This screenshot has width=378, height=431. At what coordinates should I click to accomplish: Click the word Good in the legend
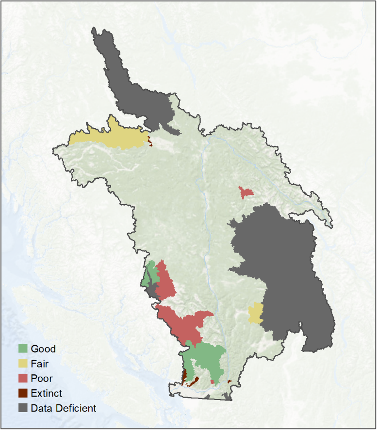coord(43,349)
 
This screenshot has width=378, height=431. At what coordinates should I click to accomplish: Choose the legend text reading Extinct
coord(46,393)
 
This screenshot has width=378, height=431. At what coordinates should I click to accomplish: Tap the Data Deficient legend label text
coord(63,408)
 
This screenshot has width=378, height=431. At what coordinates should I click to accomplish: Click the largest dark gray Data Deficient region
coord(286,271)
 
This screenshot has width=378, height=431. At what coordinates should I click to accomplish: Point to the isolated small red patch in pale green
coord(246,192)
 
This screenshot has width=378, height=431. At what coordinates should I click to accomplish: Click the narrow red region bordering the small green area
coord(165,281)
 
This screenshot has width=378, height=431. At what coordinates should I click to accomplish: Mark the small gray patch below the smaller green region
coord(152,290)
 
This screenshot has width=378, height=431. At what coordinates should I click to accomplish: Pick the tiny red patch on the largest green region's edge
coord(213,382)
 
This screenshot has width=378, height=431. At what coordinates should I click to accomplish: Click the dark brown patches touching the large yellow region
coord(149,142)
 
